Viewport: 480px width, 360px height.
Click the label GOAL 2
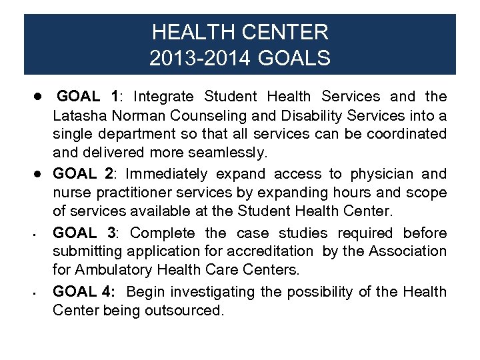pos(83,174)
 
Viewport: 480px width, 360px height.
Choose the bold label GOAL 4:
pos(85,291)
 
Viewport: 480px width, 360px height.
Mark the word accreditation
pos(270,251)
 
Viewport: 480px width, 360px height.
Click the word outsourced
pos(185,310)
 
